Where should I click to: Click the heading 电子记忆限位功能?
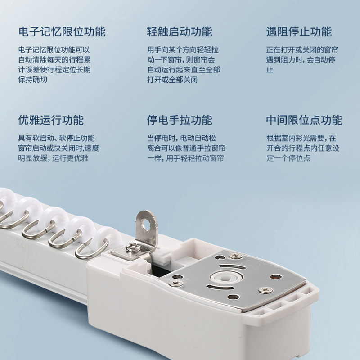[62, 32]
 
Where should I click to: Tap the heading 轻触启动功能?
[179, 32]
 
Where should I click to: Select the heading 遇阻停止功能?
[298, 32]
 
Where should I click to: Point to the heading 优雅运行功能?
[51, 120]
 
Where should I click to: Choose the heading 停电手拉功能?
[179, 120]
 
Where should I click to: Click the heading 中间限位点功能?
[304, 120]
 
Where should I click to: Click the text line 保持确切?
[32, 80]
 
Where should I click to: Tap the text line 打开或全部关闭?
[172, 80]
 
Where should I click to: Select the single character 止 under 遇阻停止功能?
[270, 70]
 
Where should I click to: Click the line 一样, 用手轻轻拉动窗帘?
[185, 158]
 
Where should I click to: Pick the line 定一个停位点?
[288, 158]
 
